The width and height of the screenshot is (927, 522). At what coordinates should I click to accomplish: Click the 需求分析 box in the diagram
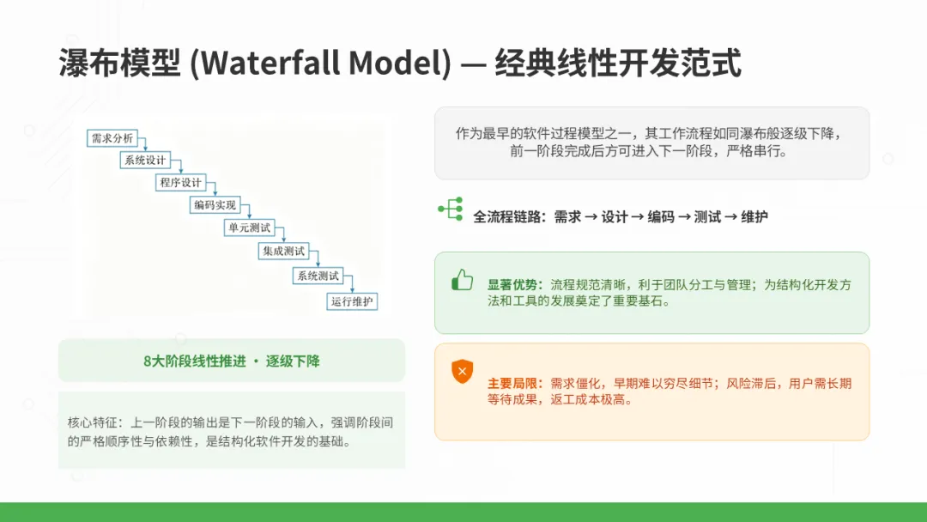click(x=112, y=138)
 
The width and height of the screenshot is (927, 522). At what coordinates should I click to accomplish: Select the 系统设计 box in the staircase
click(x=145, y=161)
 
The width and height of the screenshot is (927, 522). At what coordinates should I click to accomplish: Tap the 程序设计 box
click(x=180, y=183)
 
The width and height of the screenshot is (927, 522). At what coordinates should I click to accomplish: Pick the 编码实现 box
click(x=215, y=205)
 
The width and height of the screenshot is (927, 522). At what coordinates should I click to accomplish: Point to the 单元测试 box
click(x=250, y=228)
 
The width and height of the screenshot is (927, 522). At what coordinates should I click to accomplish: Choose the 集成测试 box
click(x=284, y=252)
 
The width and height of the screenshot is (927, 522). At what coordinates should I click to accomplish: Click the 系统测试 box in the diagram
click(x=318, y=276)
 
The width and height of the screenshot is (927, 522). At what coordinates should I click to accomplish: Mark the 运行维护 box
click(x=353, y=301)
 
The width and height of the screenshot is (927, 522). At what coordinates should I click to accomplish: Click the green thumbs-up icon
click(x=463, y=280)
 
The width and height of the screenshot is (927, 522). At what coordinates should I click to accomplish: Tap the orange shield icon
click(x=463, y=372)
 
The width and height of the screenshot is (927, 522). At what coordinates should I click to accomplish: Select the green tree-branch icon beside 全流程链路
click(x=451, y=209)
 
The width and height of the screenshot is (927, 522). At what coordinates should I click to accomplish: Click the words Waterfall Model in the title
click(x=324, y=63)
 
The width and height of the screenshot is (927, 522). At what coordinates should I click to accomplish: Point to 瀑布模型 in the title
click(x=119, y=63)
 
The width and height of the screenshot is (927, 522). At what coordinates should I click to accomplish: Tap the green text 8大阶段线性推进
click(x=195, y=361)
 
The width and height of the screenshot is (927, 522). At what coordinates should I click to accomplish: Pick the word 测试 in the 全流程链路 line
click(x=707, y=217)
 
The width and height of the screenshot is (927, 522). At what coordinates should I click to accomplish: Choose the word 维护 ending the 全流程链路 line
click(x=754, y=217)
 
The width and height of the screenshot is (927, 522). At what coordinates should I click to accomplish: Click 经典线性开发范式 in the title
click(x=618, y=63)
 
